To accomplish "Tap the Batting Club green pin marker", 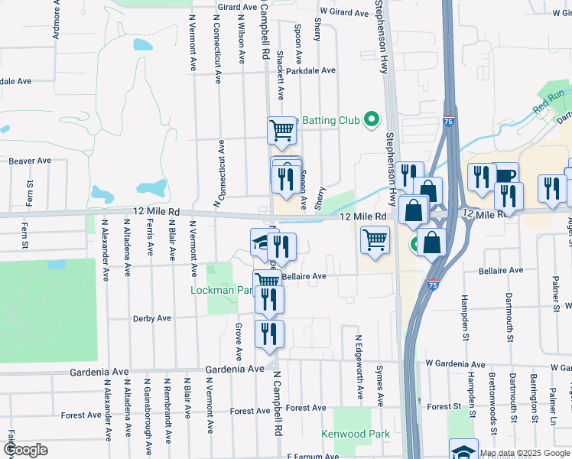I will [372, 119].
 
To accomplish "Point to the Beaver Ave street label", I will [30, 161].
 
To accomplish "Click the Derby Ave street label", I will [154, 318].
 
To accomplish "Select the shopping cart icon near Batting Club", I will [281, 130].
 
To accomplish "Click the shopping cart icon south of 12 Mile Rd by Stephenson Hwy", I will [375, 239].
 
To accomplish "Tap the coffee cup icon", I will [505, 175].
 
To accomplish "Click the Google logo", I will [26, 450].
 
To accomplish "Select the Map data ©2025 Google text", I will [525, 453].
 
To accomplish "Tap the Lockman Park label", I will [221, 291].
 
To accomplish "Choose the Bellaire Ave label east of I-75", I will [501, 270].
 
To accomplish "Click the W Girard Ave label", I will [345, 12].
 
